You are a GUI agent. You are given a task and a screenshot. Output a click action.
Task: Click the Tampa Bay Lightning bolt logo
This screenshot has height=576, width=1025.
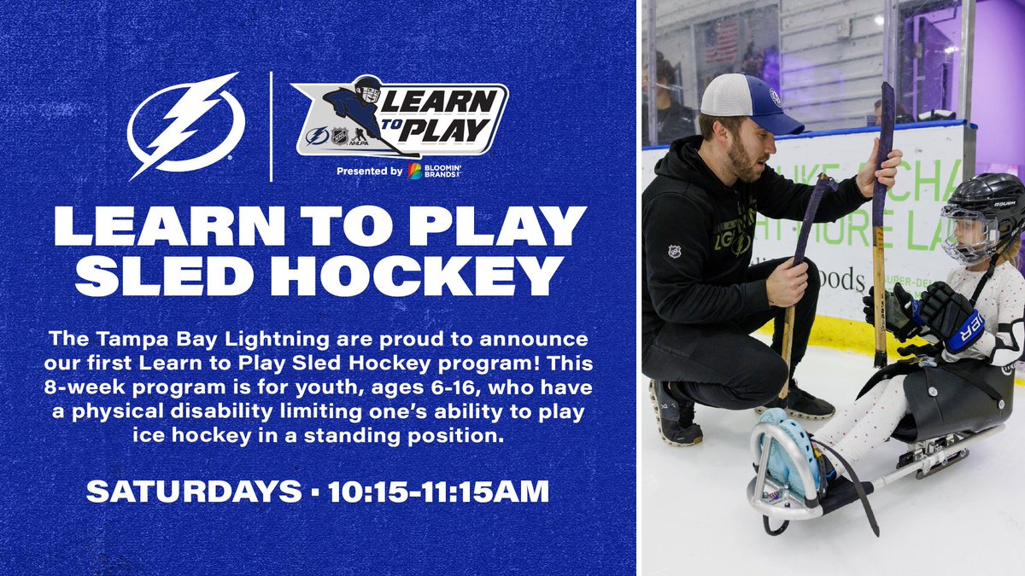pyautogui.click(x=186, y=125)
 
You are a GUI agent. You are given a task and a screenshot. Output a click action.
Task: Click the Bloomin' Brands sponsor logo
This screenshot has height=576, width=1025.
pyautogui.click(x=436, y=172)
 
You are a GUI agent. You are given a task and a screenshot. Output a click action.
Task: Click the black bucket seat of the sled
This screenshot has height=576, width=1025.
pyautogui.click(x=957, y=401)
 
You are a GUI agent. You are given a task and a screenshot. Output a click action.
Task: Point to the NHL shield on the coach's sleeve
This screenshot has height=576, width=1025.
pyautogui.click(x=675, y=252)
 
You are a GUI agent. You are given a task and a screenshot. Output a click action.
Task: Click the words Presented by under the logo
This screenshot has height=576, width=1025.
pyautogui.click(x=369, y=172)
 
